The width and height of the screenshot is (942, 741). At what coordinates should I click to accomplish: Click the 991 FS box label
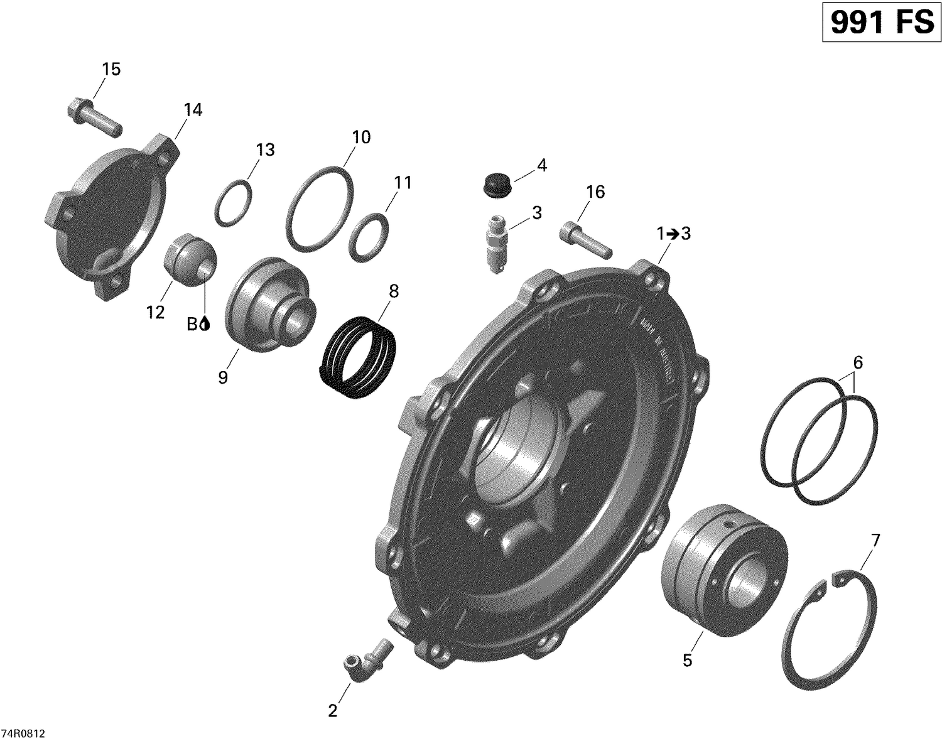click(882, 23)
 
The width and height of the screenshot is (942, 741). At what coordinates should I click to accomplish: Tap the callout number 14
click(193, 110)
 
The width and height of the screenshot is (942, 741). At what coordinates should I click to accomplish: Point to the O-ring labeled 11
click(369, 237)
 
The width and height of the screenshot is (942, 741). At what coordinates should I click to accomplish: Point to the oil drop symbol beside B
click(207, 324)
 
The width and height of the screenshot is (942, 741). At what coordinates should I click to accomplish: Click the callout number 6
click(858, 362)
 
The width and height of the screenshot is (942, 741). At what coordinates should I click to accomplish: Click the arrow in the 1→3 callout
click(673, 234)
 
